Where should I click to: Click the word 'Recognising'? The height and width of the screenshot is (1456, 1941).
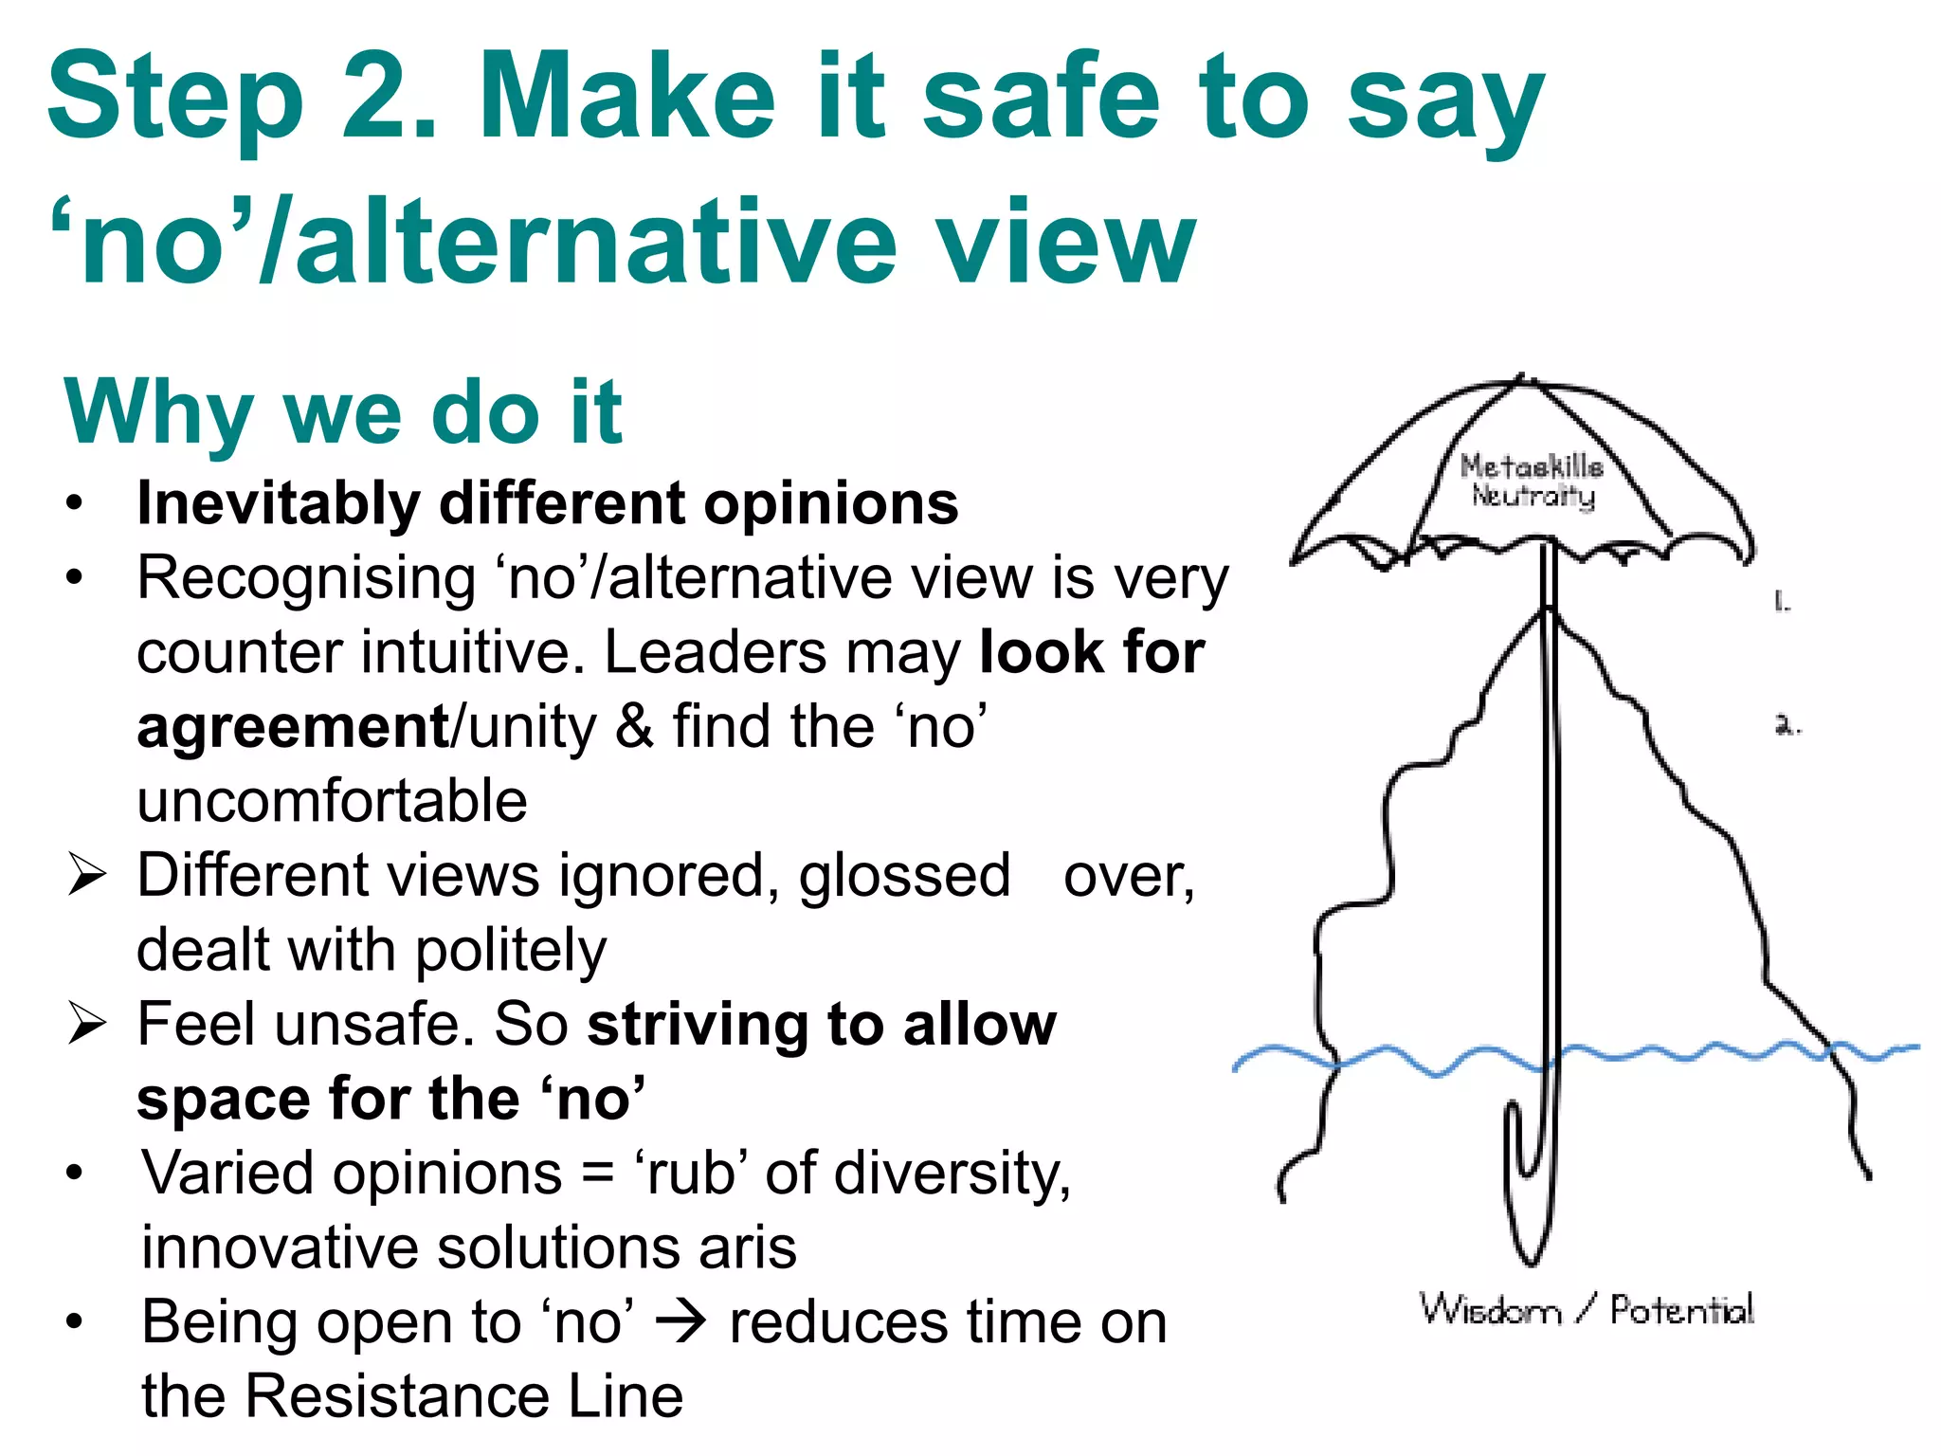[x=306, y=578]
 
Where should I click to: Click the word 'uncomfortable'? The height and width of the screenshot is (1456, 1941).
[x=332, y=802]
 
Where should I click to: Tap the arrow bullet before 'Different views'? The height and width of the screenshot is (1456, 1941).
[x=86, y=874]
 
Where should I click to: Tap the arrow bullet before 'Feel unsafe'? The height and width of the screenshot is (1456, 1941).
[x=86, y=1024]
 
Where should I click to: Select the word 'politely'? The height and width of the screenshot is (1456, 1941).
[x=511, y=951]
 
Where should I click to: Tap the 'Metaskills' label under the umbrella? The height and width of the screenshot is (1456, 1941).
[x=1531, y=465]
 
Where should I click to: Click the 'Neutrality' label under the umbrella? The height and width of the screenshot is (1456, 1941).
[x=1533, y=495]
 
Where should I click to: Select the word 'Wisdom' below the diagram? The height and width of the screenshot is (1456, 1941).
[x=1489, y=1310]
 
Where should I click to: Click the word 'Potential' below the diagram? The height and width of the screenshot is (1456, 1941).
[x=1681, y=1310]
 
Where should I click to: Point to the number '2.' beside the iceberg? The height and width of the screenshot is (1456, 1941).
[x=1787, y=726]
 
